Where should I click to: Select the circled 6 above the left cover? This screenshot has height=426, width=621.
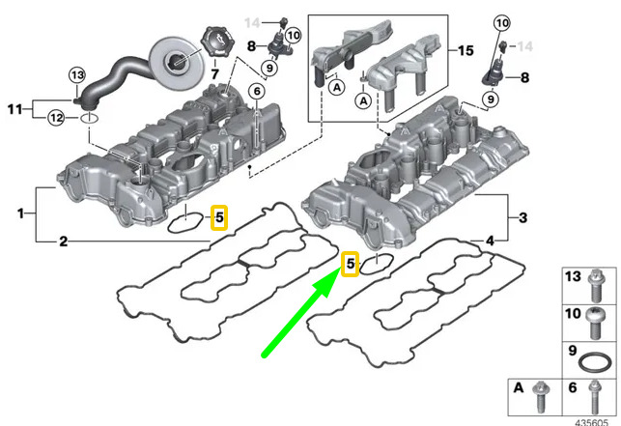point(257,91)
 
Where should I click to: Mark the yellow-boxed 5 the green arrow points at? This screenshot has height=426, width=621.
point(351,263)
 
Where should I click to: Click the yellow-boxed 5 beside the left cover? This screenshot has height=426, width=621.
point(219,217)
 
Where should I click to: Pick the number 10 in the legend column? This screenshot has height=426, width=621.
point(572,314)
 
